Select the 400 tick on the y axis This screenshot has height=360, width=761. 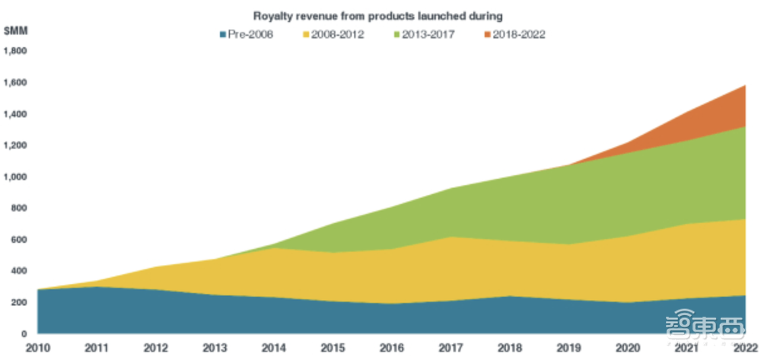(20, 271)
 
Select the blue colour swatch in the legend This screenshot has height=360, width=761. (223, 34)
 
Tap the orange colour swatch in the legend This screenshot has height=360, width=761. (488, 34)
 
